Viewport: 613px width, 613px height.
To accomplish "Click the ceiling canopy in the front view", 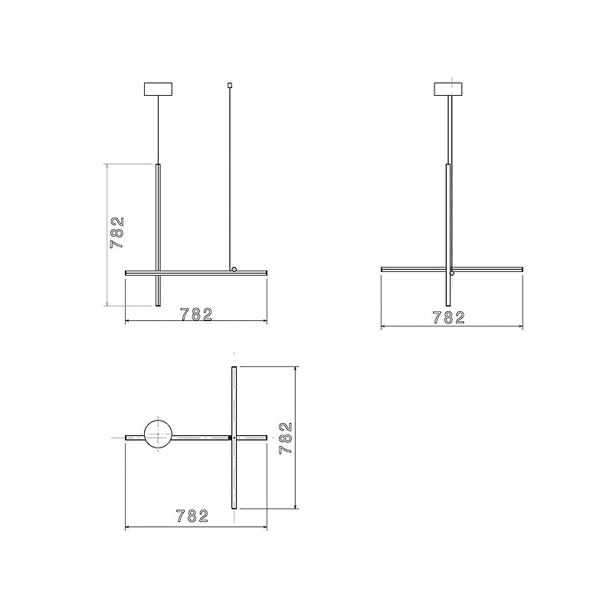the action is (x=158, y=89).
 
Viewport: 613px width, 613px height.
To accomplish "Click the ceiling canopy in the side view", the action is (x=448, y=89).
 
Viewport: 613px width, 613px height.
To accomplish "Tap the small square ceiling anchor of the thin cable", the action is (x=229, y=84).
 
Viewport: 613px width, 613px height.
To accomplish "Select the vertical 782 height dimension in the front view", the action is (x=117, y=233).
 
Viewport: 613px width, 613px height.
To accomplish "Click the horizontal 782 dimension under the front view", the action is (x=196, y=314).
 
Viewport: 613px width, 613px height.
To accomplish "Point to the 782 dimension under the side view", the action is (x=449, y=317).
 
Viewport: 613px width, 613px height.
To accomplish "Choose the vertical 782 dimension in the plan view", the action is (x=286, y=438).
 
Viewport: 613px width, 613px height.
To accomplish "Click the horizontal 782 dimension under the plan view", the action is (x=192, y=516).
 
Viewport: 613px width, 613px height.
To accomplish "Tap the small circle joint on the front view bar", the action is (x=234, y=269).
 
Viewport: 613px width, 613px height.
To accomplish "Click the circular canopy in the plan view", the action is (x=158, y=434).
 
